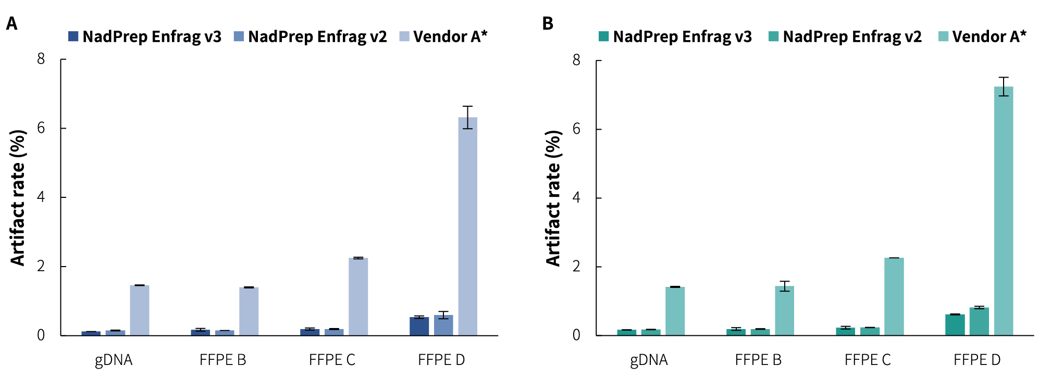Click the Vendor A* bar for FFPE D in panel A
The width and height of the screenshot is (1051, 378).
(467, 226)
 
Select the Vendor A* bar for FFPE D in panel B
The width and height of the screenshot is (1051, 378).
(1004, 211)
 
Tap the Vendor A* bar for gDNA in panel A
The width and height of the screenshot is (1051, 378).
(140, 310)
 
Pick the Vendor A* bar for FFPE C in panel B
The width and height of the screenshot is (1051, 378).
(894, 296)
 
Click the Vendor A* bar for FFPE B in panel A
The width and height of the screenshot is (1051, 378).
(249, 311)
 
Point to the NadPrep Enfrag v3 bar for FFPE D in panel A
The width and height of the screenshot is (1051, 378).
(419, 326)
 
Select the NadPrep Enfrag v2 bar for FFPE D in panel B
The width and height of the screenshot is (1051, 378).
(979, 321)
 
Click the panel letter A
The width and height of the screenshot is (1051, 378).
(11, 23)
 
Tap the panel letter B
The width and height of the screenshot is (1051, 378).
(548, 23)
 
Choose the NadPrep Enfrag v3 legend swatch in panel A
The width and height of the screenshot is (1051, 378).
(73, 36)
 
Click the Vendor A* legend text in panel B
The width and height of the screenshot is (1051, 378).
(989, 36)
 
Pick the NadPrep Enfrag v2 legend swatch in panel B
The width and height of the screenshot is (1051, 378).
(774, 36)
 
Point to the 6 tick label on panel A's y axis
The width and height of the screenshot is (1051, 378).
(41, 128)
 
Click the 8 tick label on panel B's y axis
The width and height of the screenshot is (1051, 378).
(576, 60)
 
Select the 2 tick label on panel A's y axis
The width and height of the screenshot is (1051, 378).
(41, 266)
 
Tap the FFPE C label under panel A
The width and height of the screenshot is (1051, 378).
(332, 360)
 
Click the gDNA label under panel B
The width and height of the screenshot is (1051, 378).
(649, 360)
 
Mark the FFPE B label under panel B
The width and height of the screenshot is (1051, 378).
(758, 360)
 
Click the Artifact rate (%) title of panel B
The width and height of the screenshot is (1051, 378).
(553, 198)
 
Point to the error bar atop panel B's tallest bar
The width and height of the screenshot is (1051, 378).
(1004, 86)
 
